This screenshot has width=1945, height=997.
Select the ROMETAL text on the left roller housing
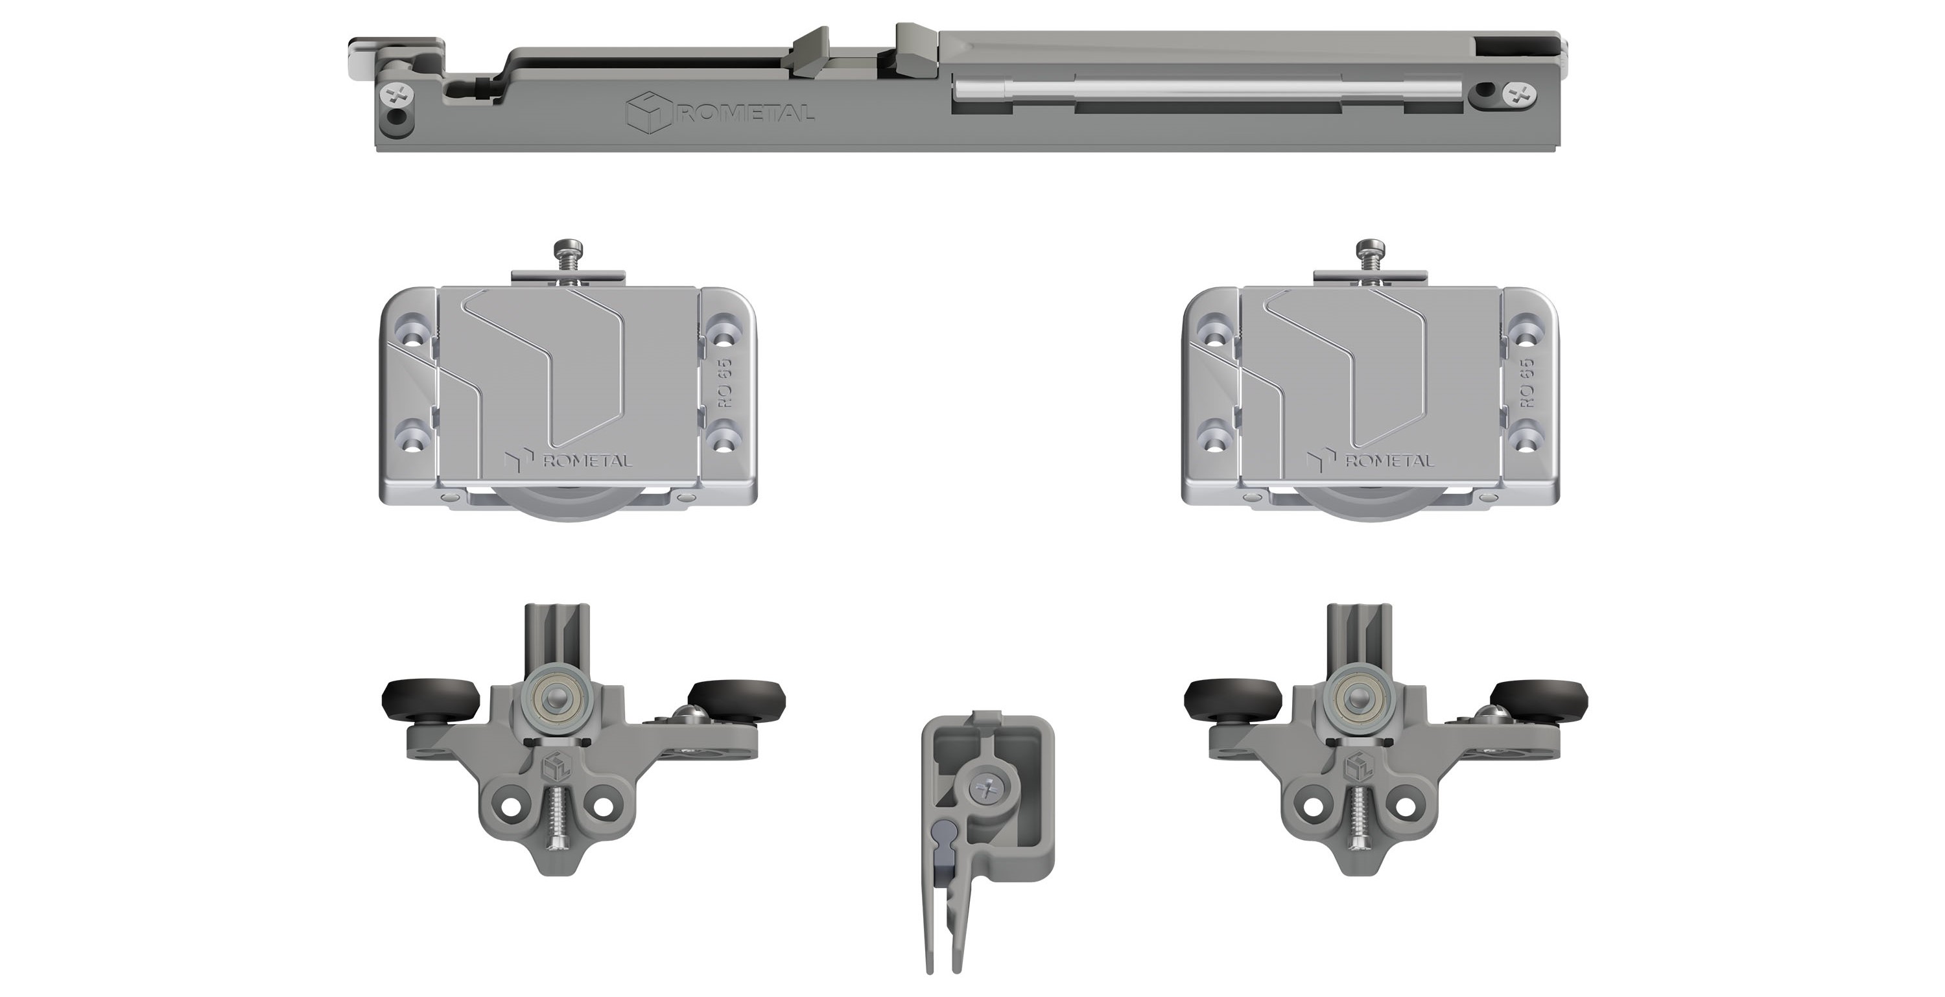pyautogui.click(x=587, y=460)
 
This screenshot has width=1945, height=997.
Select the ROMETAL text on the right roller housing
pyautogui.click(x=1389, y=460)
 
